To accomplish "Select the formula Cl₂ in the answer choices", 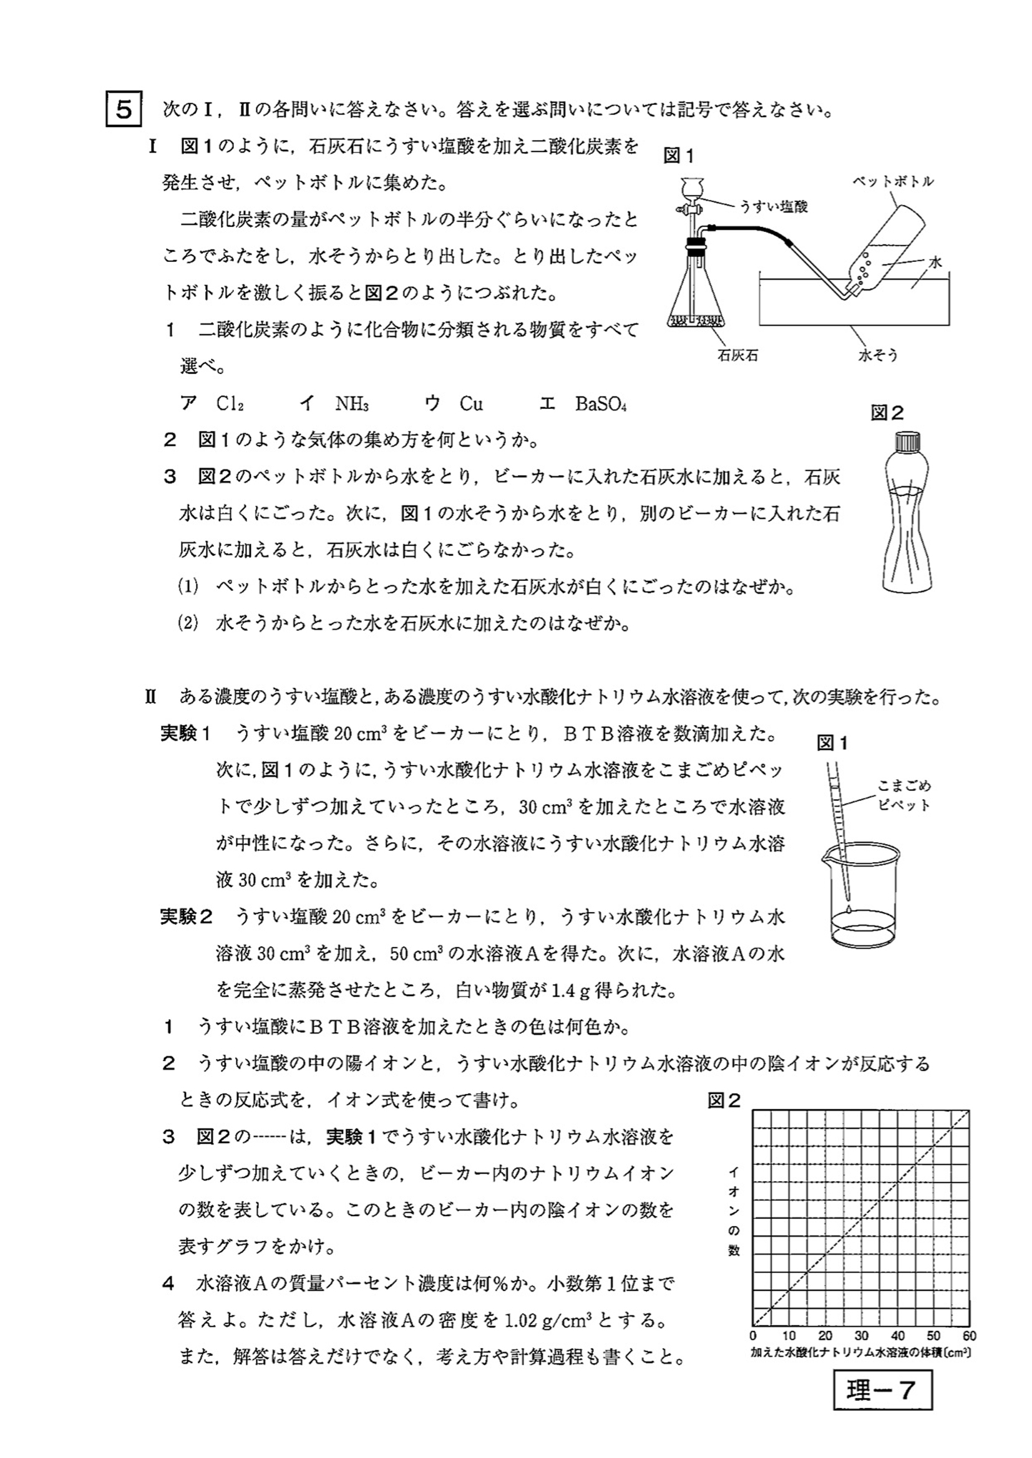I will click(x=230, y=404).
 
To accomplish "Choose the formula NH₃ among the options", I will click(x=351, y=404).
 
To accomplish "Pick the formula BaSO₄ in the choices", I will click(x=600, y=404).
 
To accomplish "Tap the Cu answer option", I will click(x=471, y=404).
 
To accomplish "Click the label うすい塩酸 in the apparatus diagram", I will click(x=772, y=207).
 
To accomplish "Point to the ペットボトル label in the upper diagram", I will click(x=893, y=181).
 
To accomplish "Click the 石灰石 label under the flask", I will click(x=737, y=355).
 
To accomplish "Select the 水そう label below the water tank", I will click(x=878, y=355).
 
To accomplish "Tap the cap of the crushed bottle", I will click(x=907, y=440).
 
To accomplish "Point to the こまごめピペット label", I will click(x=903, y=795).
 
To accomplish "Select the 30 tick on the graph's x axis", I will click(x=861, y=1336).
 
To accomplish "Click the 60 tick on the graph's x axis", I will click(x=969, y=1336).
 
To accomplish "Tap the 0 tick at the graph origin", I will click(x=753, y=1336).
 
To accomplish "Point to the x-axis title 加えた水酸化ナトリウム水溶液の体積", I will click(x=860, y=1353).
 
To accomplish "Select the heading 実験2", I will click(x=185, y=916).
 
